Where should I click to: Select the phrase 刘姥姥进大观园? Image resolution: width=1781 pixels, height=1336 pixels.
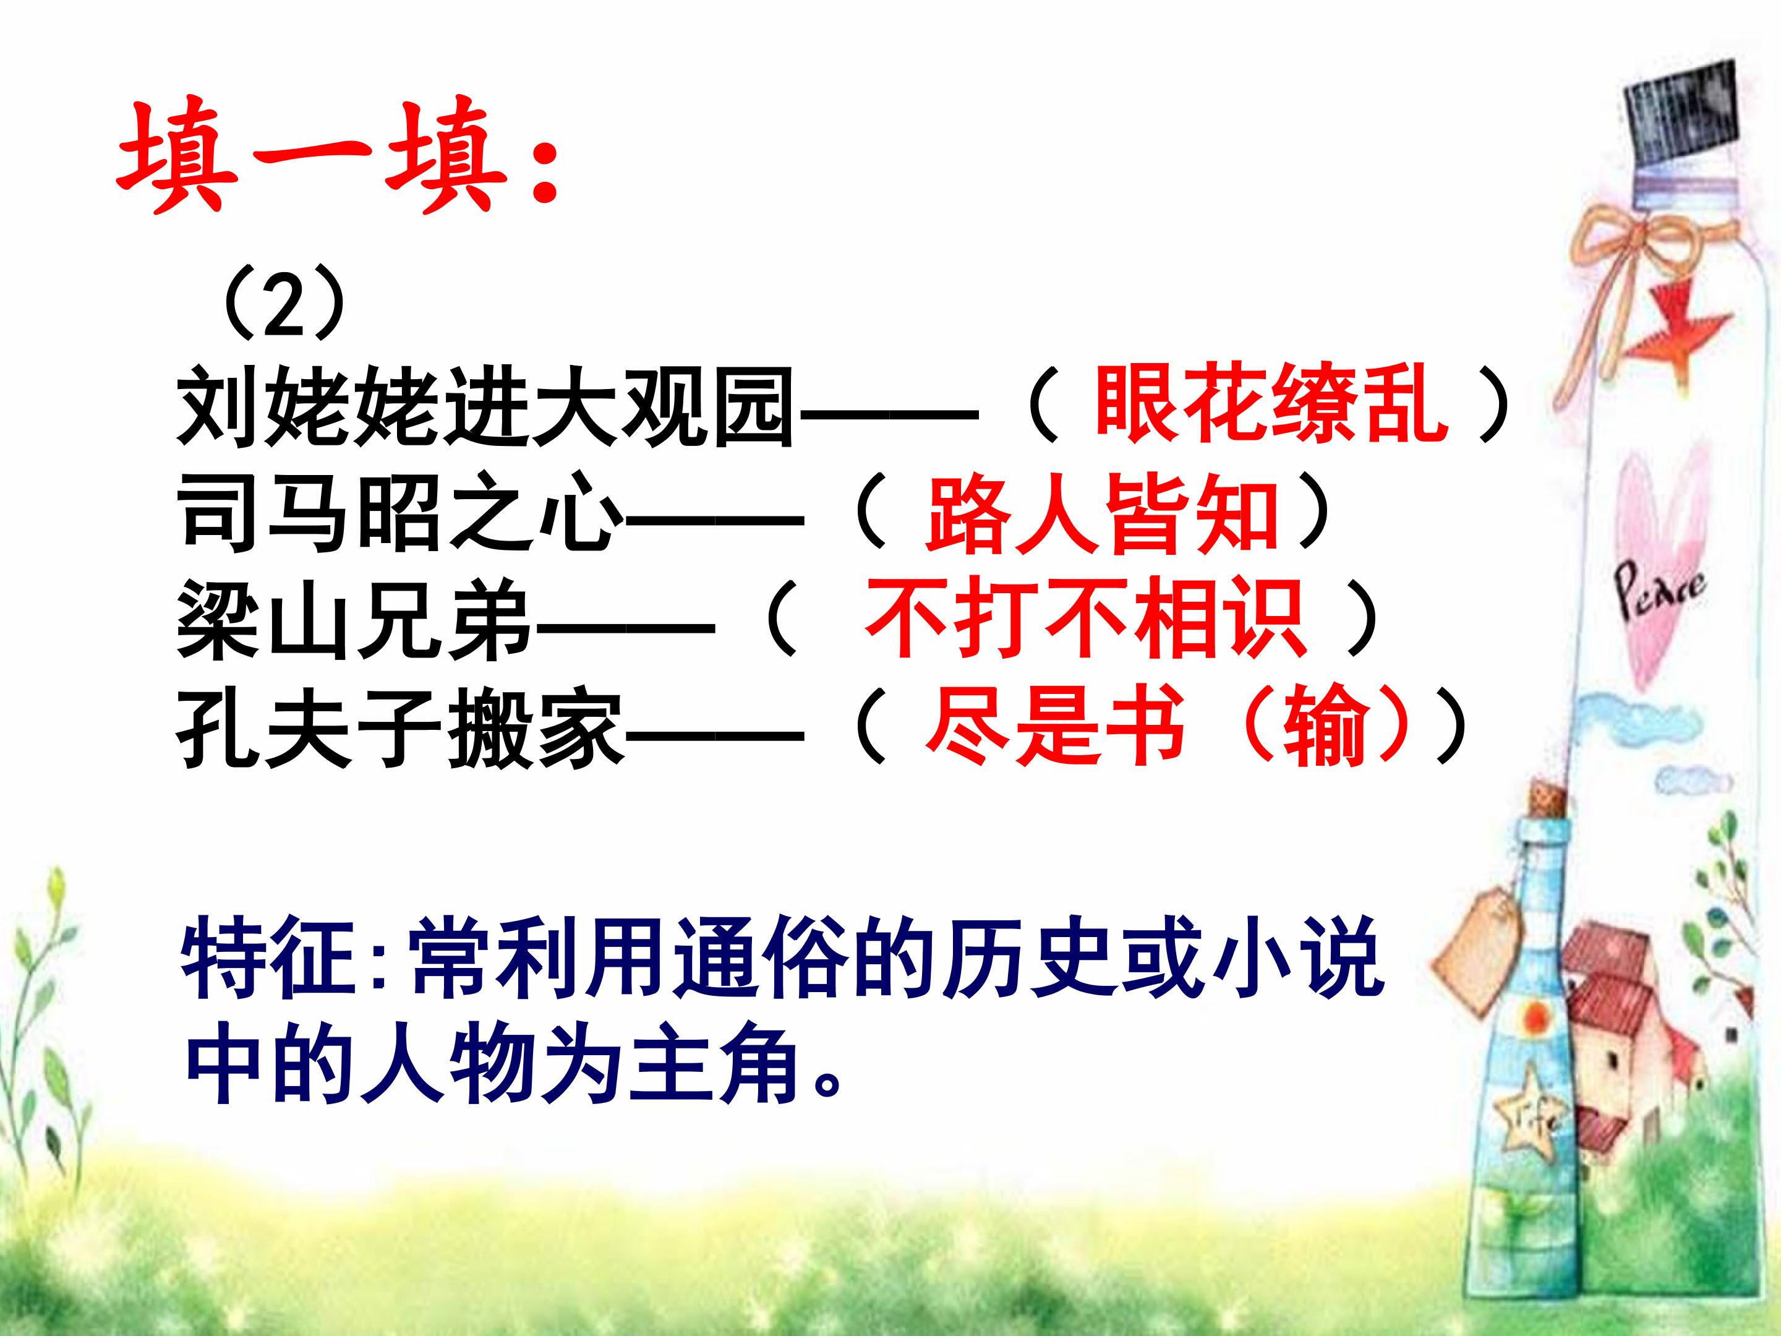click(x=482, y=407)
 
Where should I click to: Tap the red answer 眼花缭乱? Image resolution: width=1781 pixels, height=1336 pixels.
click(x=1269, y=407)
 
